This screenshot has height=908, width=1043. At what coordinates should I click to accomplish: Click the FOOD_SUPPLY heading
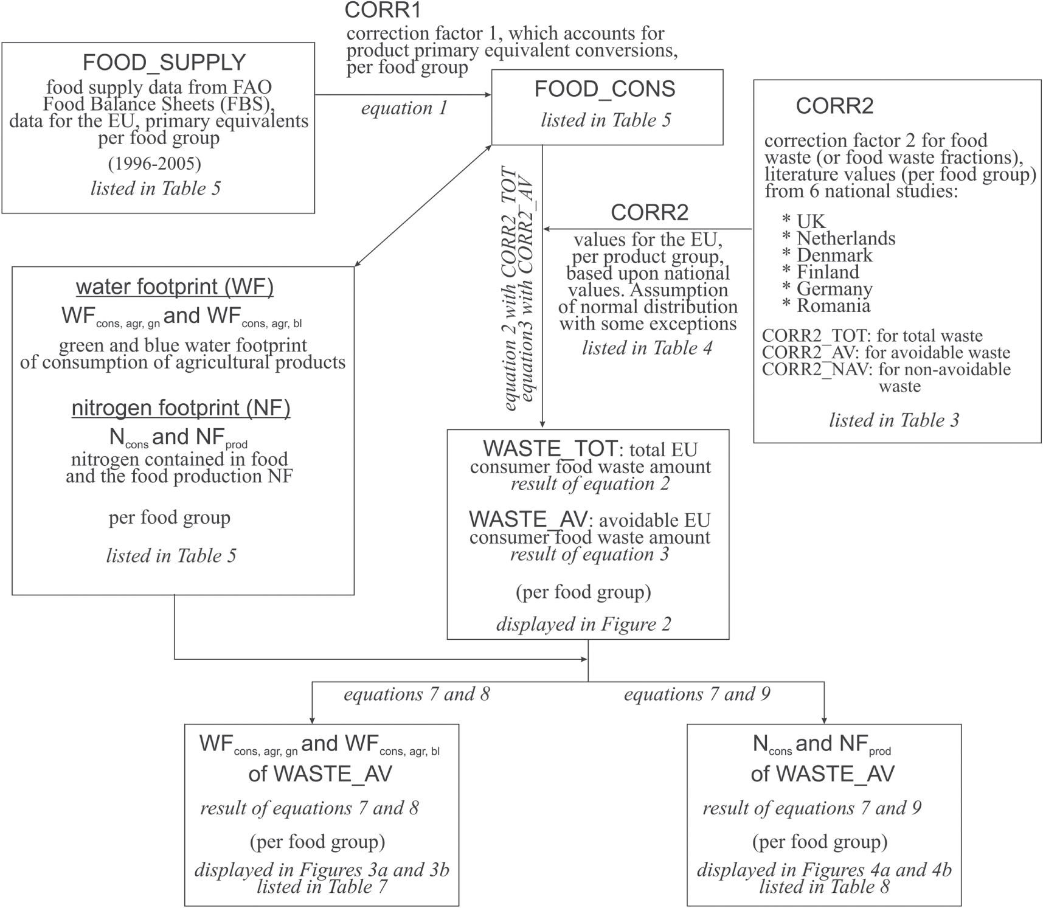164,63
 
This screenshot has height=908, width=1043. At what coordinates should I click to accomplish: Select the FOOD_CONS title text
605,89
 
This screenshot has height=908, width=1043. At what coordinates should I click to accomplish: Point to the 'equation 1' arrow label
404,108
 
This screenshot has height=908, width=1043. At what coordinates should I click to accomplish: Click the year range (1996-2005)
154,164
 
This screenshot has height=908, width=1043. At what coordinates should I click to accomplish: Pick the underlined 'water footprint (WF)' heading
175,286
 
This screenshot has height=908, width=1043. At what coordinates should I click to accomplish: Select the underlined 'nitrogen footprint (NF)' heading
181,407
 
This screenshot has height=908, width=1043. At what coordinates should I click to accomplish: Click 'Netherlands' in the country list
846,238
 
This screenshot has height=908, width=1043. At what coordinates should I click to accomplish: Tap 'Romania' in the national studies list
833,305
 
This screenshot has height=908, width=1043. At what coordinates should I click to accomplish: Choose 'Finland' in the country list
828,272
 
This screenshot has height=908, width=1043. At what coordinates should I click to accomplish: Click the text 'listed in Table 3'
894,420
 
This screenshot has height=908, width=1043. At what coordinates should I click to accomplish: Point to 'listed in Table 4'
647,348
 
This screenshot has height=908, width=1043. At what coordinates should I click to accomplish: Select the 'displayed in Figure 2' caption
584,625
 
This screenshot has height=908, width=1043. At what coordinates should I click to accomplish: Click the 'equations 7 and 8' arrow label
417,694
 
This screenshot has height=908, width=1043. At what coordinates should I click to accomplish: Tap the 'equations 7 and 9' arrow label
697,694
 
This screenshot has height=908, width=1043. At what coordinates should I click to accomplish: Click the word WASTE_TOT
550,449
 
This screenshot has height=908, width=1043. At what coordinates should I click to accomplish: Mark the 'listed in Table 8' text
824,887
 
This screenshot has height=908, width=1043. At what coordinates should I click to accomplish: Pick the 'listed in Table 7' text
322,887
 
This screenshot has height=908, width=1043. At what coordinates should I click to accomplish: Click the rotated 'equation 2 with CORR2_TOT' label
510,289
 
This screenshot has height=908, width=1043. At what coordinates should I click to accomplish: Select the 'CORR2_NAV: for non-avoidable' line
886,370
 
